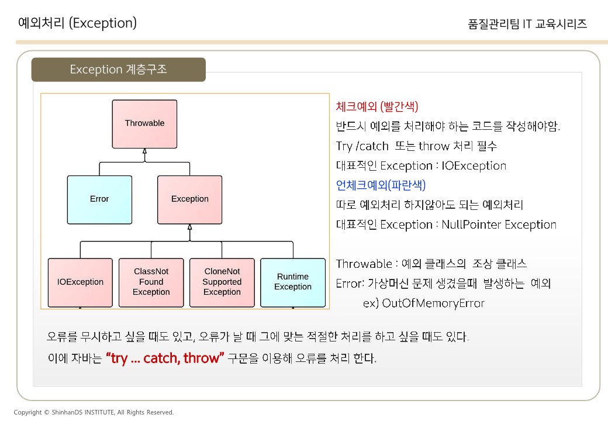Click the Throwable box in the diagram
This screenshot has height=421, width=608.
[x=144, y=123]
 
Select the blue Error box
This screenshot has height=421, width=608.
[x=99, y=199]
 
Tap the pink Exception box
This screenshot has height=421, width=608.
[x=189, y=199]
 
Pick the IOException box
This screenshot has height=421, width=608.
[x=80, y=282]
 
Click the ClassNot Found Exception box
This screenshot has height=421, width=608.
[x=151, y=282]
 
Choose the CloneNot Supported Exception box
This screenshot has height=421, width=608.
[x=222, y=282]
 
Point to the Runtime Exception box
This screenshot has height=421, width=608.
[x=292, y=282]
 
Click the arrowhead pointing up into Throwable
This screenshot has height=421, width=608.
[x=144, y=152]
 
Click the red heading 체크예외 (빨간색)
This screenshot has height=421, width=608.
[x=377, y=106]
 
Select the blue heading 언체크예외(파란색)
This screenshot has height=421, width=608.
[x=381, y=185]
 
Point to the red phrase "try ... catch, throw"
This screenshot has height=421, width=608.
[x=165, y=358]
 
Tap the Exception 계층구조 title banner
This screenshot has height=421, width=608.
[x=118, y=70]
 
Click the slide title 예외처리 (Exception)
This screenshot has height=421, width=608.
[x=77, y=23]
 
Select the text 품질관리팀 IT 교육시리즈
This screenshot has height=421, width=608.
[x=527, y=24]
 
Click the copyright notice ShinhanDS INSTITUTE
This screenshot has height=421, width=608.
[x=94, y=412]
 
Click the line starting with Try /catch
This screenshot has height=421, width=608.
[x=416, y=146]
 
